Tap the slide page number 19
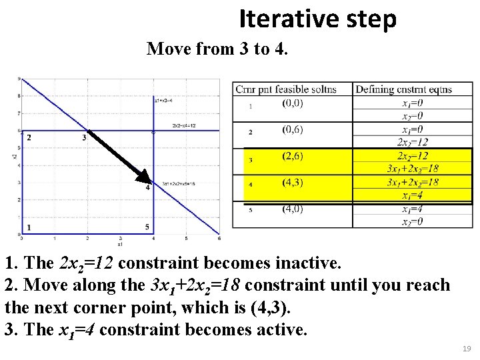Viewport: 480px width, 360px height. tap(466, 348)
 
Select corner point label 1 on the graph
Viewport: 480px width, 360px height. tap(29, 227)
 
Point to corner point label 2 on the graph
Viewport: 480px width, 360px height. tap(29, 138)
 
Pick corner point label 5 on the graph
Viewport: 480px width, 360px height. tap(147, 227)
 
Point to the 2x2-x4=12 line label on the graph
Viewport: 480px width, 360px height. tap(183, 125)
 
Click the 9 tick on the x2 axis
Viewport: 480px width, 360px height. tap(18, 79)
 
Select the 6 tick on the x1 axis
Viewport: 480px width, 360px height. tap(219, 238)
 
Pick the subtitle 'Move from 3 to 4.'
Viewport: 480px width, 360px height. tap(217, 49)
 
